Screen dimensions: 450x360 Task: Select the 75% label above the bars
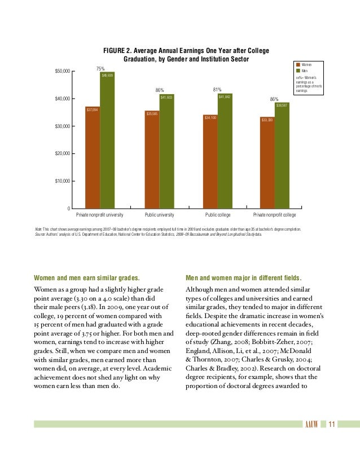100,68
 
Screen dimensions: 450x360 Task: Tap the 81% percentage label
217,89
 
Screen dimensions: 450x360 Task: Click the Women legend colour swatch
297,65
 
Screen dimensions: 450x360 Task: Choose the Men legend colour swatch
297,72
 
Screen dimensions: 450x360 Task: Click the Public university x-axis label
159,215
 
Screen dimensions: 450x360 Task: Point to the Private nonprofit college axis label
275,215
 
